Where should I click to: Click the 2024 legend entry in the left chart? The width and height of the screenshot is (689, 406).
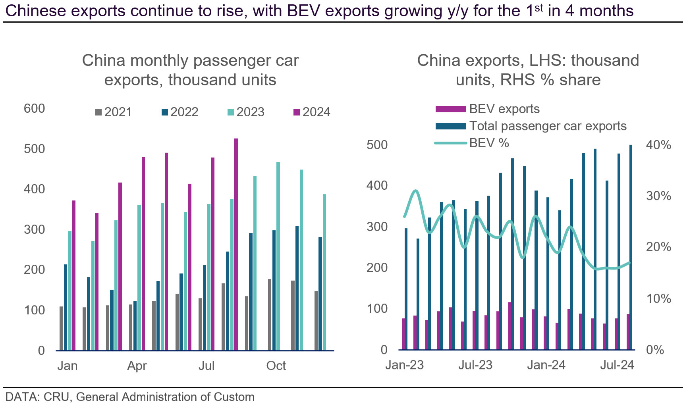(x=312, y=112)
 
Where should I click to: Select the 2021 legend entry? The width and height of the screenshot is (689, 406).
(x=114, y=112)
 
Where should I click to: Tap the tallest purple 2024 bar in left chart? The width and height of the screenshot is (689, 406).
(x=236, y=244)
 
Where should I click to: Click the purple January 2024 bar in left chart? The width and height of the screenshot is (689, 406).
(x=74, y=275)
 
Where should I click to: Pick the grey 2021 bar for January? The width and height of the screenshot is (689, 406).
(x=61, y=328)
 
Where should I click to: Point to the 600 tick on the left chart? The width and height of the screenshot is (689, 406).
(x=35, y=108)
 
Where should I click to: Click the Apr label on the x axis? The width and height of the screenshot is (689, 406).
(x=137, y=366)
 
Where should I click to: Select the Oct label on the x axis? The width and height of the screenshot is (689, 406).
(x=276, y=366)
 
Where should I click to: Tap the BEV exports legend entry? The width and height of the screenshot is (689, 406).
(x=487, y=109)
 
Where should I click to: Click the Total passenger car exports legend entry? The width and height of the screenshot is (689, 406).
(x=531, y=126)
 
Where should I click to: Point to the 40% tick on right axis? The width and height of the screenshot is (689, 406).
(x=658, y=145)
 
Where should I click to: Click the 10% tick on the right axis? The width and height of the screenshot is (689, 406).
(x=658, y=298)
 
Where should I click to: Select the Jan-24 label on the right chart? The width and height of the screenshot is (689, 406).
(x=546, y=365)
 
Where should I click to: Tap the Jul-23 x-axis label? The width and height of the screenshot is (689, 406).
(x=475, y=365)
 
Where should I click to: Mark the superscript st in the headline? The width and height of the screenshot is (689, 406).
(x=538, y=8)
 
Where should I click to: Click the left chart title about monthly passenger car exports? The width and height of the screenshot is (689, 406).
(x=190, y=70)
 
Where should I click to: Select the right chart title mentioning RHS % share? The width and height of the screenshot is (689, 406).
(x=528, y=70)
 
